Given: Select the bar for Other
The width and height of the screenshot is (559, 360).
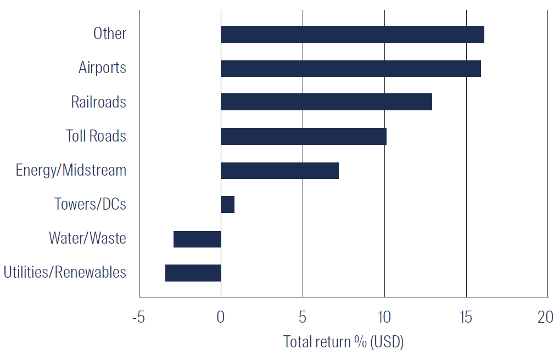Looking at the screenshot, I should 352,34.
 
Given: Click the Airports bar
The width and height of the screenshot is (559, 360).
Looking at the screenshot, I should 350,69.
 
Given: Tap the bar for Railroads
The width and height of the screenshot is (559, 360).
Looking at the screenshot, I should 326,102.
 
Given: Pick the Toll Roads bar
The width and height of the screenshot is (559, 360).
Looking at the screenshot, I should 303,136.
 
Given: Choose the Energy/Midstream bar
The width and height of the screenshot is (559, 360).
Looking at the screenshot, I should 279,171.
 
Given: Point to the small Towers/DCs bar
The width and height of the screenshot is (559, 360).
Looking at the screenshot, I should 227,205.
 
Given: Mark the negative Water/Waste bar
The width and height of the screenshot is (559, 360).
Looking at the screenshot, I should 197,239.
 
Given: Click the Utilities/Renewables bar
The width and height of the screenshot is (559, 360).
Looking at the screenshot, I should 193,273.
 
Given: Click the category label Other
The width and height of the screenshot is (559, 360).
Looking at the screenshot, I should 110,33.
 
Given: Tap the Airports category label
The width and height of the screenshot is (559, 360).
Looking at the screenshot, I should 102,68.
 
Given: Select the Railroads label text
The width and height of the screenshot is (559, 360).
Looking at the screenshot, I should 98,102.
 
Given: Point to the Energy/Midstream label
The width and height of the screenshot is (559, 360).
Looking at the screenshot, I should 71,171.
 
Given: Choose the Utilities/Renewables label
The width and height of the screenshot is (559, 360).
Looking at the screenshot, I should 65,273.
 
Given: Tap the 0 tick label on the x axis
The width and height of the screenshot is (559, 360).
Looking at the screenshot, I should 220,317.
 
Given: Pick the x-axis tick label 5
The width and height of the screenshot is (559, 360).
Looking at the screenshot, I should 302,317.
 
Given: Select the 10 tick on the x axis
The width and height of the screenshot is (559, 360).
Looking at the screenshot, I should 384,317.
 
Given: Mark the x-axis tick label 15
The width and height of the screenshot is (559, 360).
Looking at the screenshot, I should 466,317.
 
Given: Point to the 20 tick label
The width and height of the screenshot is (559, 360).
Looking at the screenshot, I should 545,317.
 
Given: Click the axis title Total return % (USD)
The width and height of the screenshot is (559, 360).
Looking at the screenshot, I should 343,342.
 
